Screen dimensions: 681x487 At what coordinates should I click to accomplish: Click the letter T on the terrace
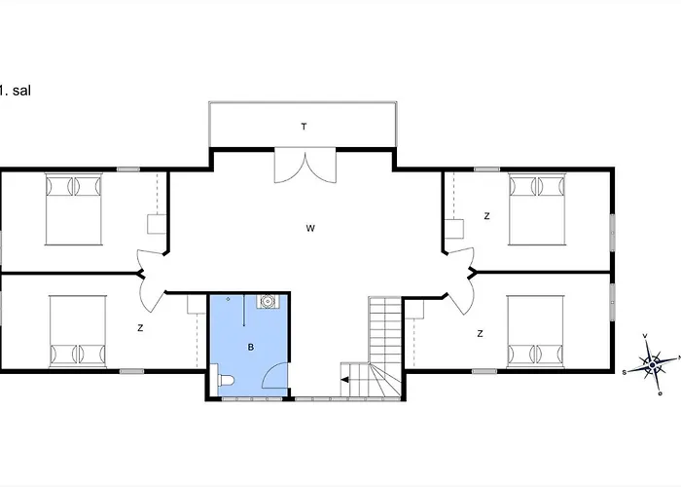[x=304, y=127]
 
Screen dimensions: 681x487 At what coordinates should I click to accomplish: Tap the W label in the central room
[x=310, y=228]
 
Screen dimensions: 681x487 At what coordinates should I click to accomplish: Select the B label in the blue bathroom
[x=251, y=347]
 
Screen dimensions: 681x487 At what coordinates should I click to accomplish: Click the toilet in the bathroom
[x=226, y=381]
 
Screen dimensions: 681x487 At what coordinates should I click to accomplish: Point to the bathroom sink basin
[x=267, y=301]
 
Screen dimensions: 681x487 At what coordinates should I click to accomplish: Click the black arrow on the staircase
[x=345, y=380]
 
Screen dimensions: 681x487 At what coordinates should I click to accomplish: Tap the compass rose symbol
[x=652, y=364]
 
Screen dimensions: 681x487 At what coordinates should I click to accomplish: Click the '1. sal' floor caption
[x=16, y=91]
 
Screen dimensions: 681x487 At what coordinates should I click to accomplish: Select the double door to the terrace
[x=305, y=166]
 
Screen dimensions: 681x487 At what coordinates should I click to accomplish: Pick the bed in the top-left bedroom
[x=74, y=209]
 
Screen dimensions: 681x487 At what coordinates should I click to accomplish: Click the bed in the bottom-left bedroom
[x=78, y=332]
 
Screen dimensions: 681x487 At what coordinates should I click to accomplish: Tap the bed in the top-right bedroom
[x=537, y=209]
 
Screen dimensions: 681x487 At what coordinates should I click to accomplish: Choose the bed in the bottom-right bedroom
[x=535, y=332]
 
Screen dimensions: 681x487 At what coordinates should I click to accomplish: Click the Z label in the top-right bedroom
[x=486, y=216]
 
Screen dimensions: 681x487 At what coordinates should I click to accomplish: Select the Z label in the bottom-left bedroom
[x=140, y=328]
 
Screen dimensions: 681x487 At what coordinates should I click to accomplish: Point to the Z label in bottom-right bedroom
[x=480, y=333]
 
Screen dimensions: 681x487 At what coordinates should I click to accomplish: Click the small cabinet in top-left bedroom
[x=157, y=224]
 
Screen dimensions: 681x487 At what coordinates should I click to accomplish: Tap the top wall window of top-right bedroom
[x=486, y=169]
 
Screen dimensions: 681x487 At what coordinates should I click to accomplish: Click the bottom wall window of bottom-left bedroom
[x=132, y=371]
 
